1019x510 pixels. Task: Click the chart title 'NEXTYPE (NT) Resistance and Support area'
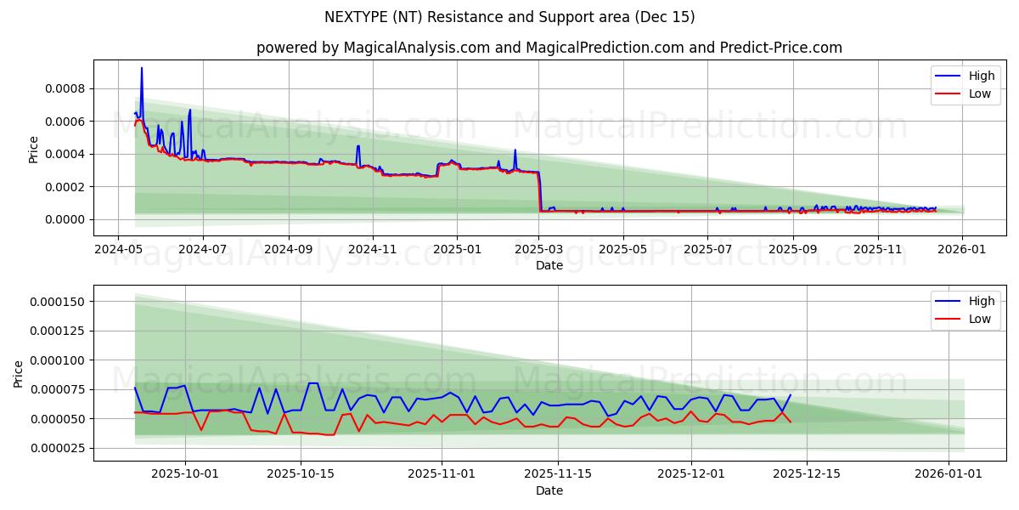[509, 17]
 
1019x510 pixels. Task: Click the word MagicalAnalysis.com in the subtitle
[416, 48]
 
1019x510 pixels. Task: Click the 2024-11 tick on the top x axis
[372, 250]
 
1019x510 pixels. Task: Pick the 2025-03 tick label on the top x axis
[540, 250]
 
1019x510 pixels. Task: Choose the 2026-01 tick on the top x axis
[962, 250]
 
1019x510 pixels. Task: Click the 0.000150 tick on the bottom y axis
[57, 303]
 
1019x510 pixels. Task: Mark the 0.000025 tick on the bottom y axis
[57, 449]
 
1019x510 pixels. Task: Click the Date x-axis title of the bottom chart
[549, 490]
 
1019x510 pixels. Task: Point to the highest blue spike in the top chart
[142, 68]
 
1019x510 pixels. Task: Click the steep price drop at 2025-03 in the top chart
[539, 191]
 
